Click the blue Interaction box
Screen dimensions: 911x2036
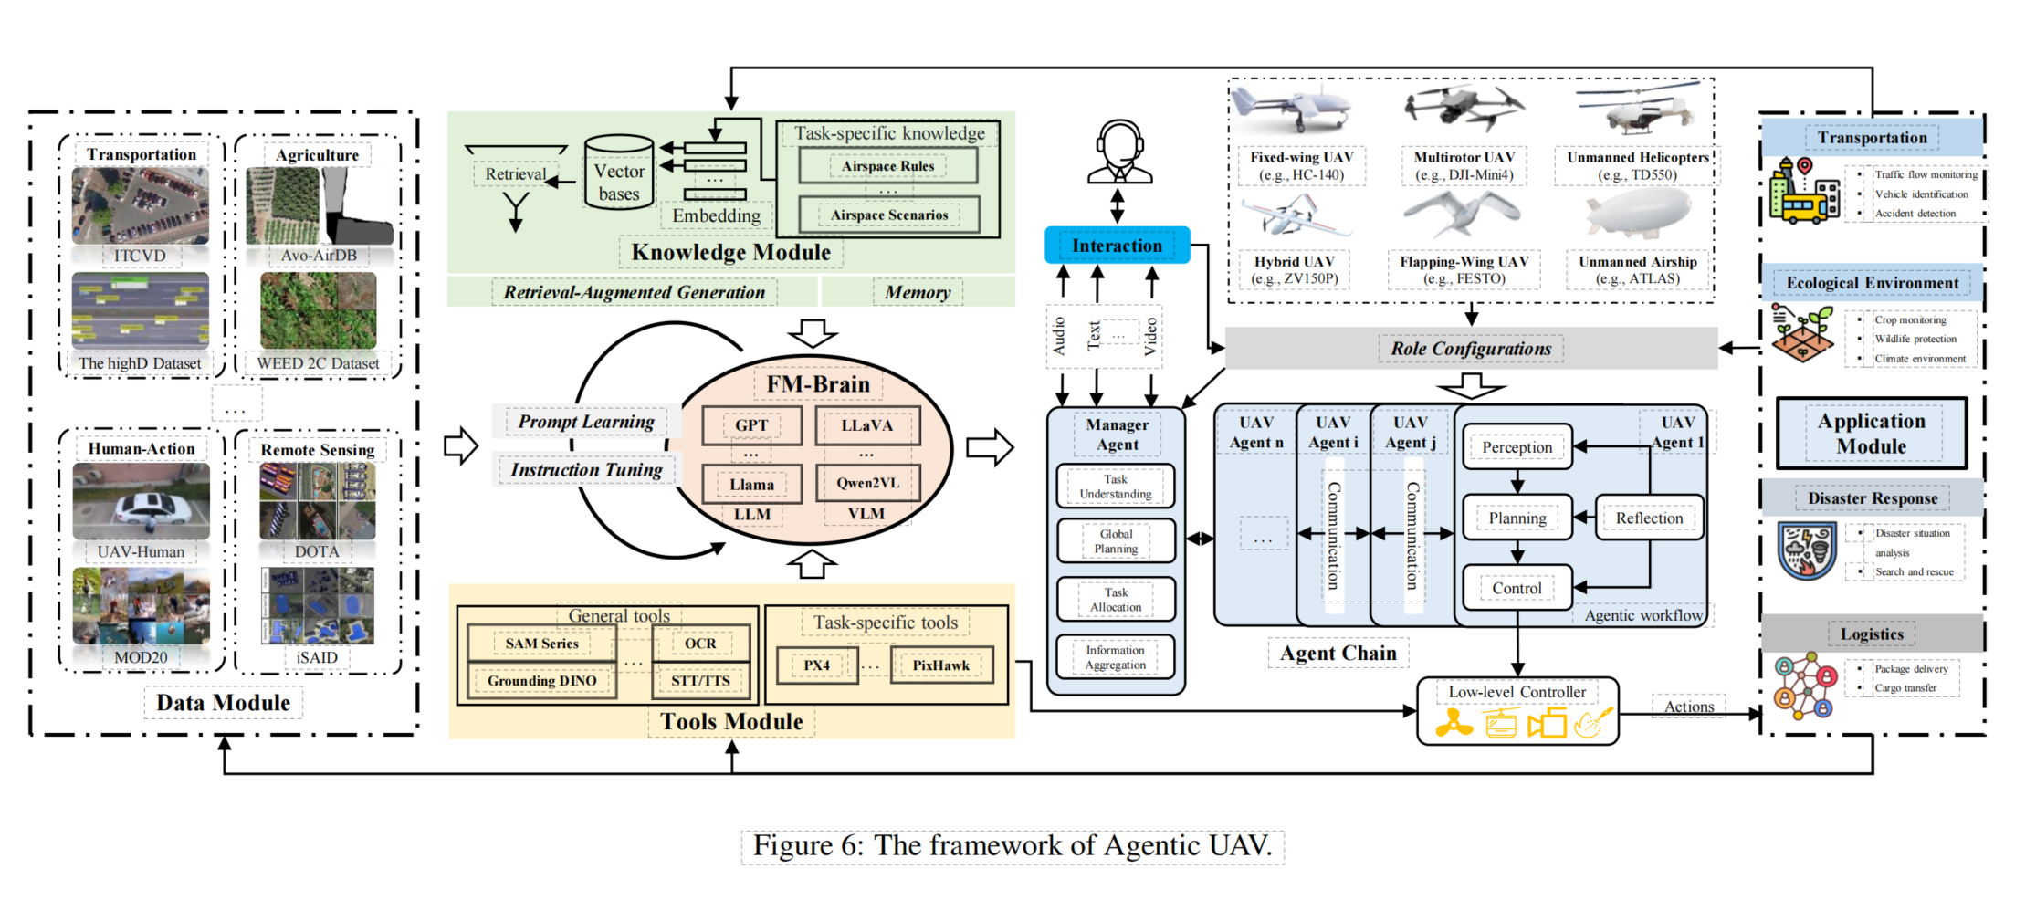(x=1117, y=246)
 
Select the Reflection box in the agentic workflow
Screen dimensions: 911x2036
(x=1649, y=518)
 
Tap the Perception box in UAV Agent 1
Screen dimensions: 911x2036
(x=1517, y=447)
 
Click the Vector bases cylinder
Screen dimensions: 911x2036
(x=619, y=174)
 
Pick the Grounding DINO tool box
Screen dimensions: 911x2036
(x=541, y=681)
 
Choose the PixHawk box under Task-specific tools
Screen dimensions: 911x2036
(x=940, y=665)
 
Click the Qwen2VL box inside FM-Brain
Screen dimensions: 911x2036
(x=866, y=483)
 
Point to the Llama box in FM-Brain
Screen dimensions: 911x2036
(x=751, y=485)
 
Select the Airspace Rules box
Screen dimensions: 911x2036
(x=887, y=166)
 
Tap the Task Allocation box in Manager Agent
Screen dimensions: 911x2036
(x=1115, y=600)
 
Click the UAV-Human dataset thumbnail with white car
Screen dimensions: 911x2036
(x=142, y=502)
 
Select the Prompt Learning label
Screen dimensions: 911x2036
(x=586, y=422)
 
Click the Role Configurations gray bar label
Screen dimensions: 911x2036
(x=1470, y=349)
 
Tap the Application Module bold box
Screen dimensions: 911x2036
(x=1871, y=434)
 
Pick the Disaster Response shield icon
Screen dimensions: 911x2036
(x=1807, y=550)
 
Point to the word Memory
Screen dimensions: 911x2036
(x=917, y=292)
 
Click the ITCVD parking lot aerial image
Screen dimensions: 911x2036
(x=141, y=205)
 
